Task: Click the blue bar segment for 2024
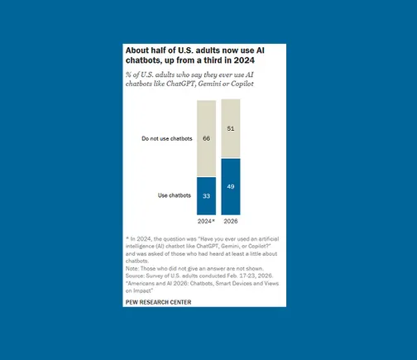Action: pyautogui.click(x=206, y=196)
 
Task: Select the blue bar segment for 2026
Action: pyautogui.click(x=231, y=187)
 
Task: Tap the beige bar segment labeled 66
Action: pyautogui.click(x=206, y=138)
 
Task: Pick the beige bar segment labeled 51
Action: pyautogui.click(x=231, y=129)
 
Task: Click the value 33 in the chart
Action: pyautogui.click(x=206, y=196)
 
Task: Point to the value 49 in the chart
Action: pyautogui.click(x=231, y=187)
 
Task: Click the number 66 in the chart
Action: pyautogui.click(x=206, y=138)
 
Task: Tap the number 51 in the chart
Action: pyautogui.click(x=231, y=128)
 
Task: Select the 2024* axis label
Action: pyautogui.click(x=206, y=221)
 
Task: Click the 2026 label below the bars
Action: pyautogui.click(x=231, y=221)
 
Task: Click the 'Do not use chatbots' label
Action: pyautogui.click(x=167, y=138)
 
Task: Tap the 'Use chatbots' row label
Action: pyautogui.click(x=175, y=195)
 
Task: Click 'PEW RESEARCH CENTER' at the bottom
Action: pyautogui.click(x=158, y=302)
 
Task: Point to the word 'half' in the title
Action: pyautogui.click(x=161, y=50)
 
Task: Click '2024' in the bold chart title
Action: pyautogui.click(x=244, y=60)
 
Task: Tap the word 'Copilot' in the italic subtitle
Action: pyautogui.click(x=242, y=84)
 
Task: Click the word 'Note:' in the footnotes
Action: pyautogui.click(x=132, y=268)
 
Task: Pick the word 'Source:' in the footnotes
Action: pyautogui.click(x=135, y=276)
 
